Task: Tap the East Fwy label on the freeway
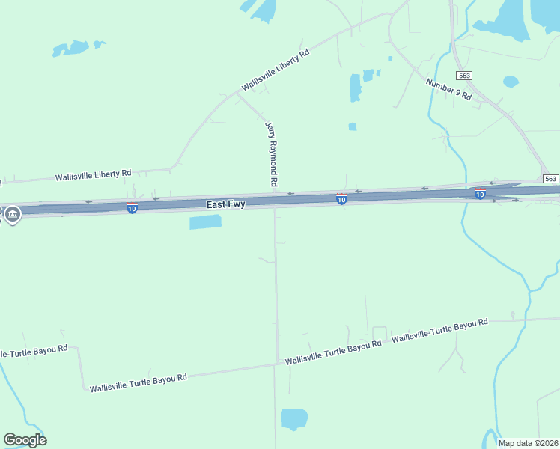point(225,204)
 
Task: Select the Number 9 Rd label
point(448,89)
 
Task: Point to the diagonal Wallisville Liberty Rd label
point(274,71)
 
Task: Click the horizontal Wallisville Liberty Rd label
point(94,176)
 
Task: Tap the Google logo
point(25,440)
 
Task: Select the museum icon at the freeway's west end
point(13,215)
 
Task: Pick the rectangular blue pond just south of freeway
point(206,222)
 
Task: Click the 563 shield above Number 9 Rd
point(465,75)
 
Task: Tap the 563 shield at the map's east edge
point(550,178)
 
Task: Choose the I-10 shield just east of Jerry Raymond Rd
point(341,199)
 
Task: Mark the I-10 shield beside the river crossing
point(480,194)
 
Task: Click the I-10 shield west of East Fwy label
point(132,207)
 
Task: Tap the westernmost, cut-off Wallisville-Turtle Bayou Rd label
point(33,351)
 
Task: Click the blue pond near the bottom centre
point(294,418)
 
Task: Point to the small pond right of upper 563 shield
point(511,81)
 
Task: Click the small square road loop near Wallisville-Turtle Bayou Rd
point(380,334)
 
